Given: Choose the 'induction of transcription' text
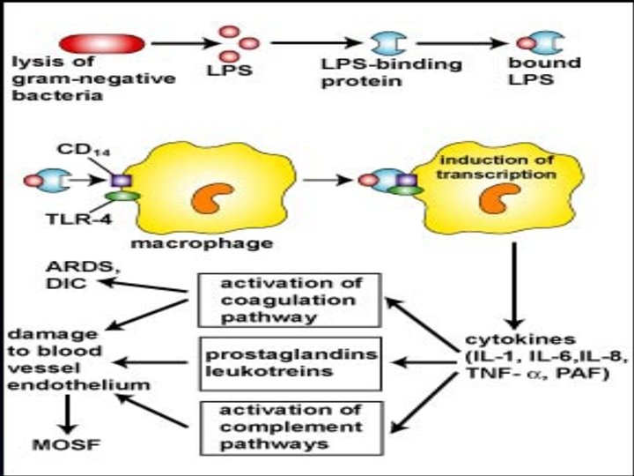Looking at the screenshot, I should pyautogui.click(x=498, y=167).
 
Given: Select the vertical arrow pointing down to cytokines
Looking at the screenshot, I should pyautogui.click(x=513, y=281).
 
